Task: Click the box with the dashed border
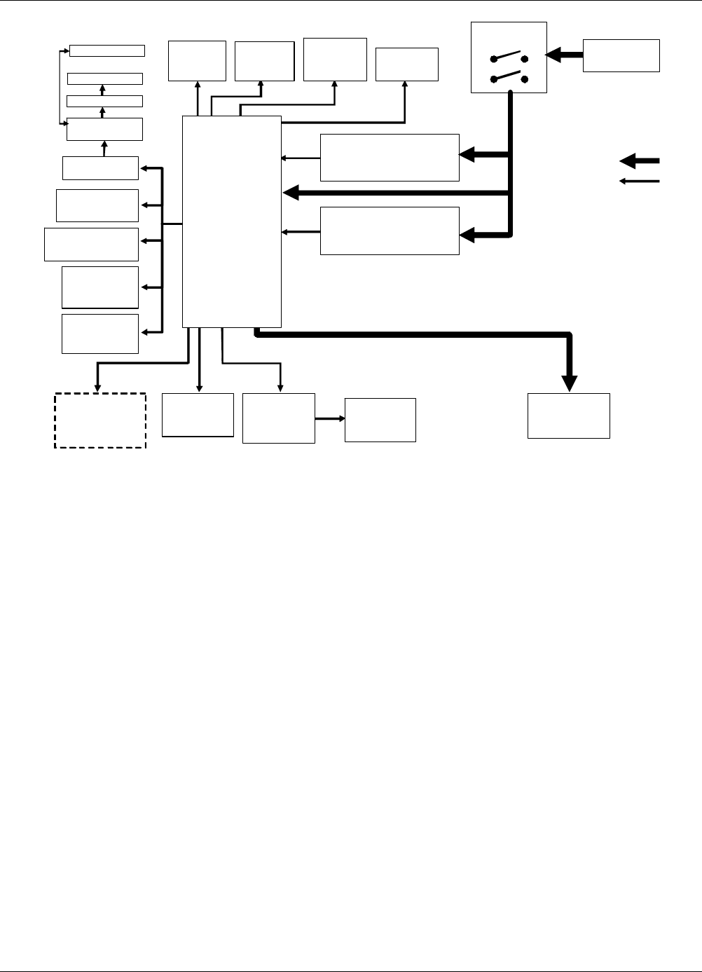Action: tap(100, 420)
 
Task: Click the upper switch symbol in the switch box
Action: tap(509, 56)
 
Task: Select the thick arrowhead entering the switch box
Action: tap(553, 54)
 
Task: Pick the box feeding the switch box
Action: tap(621, 55)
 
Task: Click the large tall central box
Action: tap(231, 221)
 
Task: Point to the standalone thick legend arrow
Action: tap(639, 161)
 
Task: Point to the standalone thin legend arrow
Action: tap(639, 182)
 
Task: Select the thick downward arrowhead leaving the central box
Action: tap(570, 383)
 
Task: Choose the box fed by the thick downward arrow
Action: tap(568, 416)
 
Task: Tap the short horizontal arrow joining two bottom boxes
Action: tap(330, 418)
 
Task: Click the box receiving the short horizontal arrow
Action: tap(380, 420)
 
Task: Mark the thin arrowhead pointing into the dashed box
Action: tap(97, 388)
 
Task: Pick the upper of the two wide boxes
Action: tap(390, 158)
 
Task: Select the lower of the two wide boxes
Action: tap(390, 231)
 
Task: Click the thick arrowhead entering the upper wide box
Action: tap(467, 155)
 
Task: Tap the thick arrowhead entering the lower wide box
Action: tap(467, 235)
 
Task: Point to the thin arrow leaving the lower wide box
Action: tap(301, 231)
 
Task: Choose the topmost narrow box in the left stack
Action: tap(107, 50)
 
